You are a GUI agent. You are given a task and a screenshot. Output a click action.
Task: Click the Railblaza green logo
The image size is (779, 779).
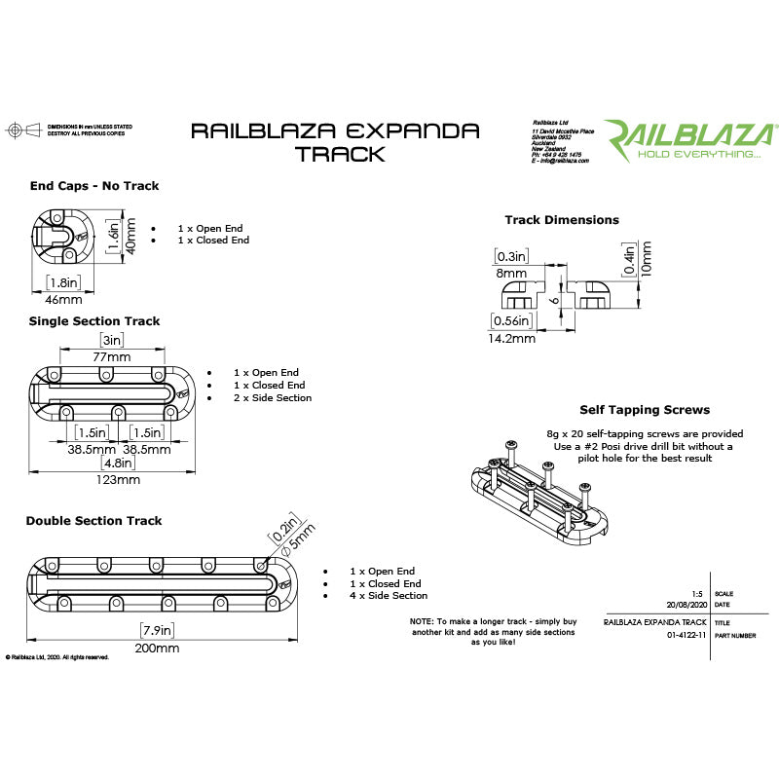[689, 139]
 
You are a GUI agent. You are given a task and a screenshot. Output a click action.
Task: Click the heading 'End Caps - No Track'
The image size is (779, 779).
[93, 185]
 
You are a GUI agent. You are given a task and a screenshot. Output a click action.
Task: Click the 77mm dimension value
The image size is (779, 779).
[112, 357]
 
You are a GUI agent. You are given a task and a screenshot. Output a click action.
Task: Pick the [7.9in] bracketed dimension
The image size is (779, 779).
[158, 629]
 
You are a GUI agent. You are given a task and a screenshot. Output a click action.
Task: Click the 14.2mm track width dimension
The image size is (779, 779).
[511, 339]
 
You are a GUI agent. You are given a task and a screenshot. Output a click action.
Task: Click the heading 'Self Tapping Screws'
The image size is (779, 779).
[644, 411]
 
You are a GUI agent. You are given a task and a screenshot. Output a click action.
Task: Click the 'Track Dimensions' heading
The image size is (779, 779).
[561, 220]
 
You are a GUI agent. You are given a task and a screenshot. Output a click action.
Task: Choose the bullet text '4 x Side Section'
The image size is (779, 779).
[388, 595]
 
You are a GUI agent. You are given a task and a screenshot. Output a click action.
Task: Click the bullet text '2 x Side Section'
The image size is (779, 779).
[272, 397]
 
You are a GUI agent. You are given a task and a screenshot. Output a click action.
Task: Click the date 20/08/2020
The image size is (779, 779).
[684, 605]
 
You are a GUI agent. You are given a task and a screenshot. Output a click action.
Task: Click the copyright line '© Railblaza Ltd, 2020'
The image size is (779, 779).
[56, 657]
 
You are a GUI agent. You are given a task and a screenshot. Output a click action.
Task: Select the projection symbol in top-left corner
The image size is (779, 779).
[15, 130]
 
